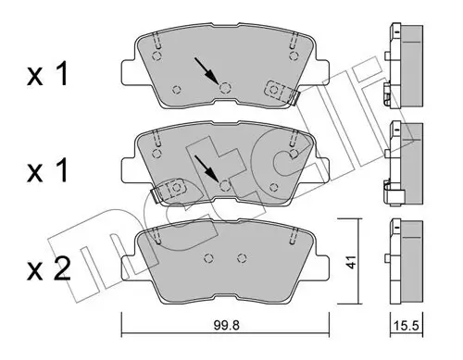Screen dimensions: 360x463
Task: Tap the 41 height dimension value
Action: tap(351, 261)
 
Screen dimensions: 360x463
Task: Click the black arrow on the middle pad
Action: tap(208, 168)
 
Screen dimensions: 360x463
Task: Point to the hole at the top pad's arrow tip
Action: tap(225, 87)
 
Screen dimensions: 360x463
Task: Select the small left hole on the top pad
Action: tap(177, 88)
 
